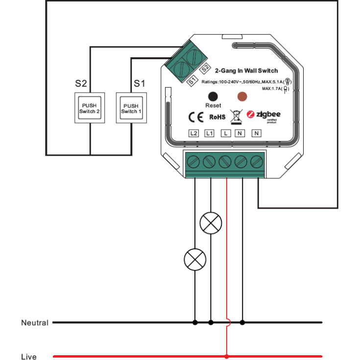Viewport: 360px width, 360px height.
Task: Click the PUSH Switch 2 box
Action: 90,108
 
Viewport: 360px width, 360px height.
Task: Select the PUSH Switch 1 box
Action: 131,108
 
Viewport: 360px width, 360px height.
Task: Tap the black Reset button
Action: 213,96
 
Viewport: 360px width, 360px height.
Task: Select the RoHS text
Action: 217,117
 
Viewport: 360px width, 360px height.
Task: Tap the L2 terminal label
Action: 194,133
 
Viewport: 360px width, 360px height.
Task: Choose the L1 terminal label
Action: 210,133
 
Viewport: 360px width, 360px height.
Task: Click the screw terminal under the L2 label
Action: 194,161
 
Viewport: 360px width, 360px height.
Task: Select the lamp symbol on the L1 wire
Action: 211,224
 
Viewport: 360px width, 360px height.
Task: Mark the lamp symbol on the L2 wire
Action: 195,259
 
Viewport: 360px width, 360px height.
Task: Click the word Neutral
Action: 35,323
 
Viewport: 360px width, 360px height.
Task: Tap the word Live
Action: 29,357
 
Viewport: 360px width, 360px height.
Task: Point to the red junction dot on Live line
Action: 226,356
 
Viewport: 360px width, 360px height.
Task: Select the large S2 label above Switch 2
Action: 81,84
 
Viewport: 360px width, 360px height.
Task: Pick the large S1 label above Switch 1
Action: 140,84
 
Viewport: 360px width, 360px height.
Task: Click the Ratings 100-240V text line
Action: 243,82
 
